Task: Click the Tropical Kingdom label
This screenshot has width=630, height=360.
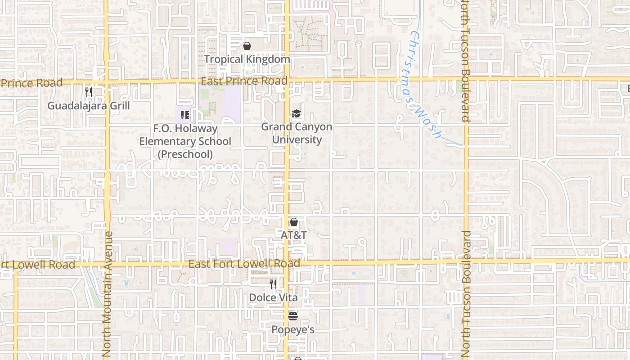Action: (247, 59)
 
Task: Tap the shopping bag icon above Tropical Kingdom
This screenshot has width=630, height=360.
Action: (247, 46)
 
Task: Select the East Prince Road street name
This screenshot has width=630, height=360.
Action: (244, 81)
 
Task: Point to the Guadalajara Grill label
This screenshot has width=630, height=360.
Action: (89, 106)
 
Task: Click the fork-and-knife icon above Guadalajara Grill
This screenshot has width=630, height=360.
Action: (89, 92)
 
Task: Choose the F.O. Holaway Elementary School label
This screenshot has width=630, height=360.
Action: (185, 141)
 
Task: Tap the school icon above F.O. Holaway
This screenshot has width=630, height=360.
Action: (184, 115)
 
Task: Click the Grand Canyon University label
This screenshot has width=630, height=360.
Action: (297, 133)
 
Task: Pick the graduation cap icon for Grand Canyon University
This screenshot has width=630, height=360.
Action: (296, 114)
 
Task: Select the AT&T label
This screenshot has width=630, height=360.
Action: (294, 235)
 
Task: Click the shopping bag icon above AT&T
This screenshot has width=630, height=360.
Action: (294, 222)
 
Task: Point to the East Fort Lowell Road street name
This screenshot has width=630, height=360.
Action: (244, 264)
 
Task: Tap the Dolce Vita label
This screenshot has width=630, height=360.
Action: (273, 298)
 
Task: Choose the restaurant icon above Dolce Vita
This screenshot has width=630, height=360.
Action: (273, 284)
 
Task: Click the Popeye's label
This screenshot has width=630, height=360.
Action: (293, 330)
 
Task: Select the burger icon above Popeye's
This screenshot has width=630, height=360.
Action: (293, 316)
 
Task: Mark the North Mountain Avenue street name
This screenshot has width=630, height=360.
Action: (107, 294)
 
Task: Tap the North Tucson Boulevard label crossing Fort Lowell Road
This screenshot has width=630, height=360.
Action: (466, 292)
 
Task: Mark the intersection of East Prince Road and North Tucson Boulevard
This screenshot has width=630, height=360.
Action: (466, 79)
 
